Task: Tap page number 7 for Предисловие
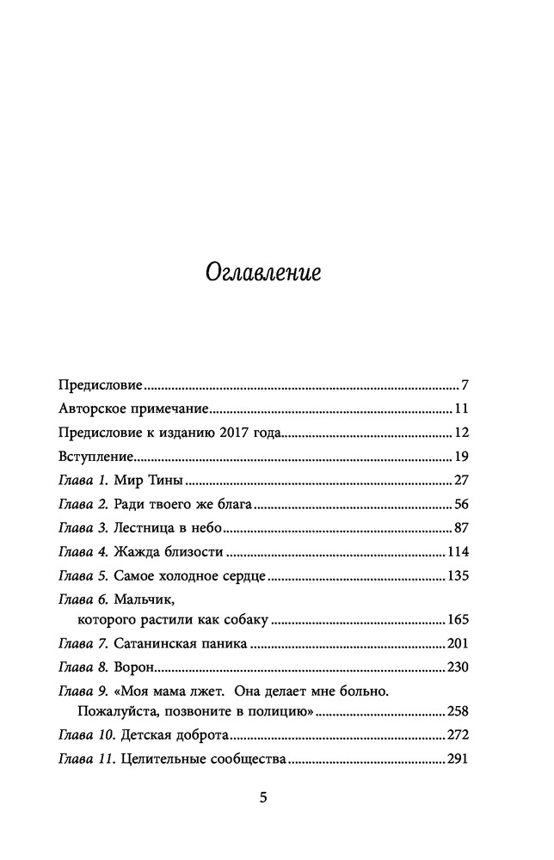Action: [463, 384]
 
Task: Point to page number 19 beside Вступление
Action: [459, 457]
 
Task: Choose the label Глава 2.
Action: [83, 505]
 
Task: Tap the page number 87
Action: [459, 528]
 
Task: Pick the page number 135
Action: [456, 576]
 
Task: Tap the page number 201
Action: [456, 643]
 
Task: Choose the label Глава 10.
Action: [87, 735]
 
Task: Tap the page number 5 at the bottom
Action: [264, 798]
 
